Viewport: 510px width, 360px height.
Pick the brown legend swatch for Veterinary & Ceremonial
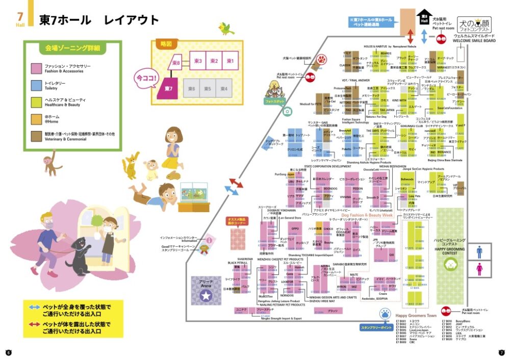pyautogui.click(x=36, y=135)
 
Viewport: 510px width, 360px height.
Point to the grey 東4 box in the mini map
pyautogui.click(x=224, y=89)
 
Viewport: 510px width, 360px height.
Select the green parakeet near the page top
pyautogui.click(x=226, y=29)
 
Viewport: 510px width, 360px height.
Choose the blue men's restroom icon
pyautogui.click(x=479, y=252)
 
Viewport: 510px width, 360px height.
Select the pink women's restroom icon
pyautogui.click(x=479, y=269)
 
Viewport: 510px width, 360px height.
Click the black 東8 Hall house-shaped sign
pyautogui.click(x=424, y=20)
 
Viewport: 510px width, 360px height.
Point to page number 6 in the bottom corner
pyautogui.click(x=9, y=352)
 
